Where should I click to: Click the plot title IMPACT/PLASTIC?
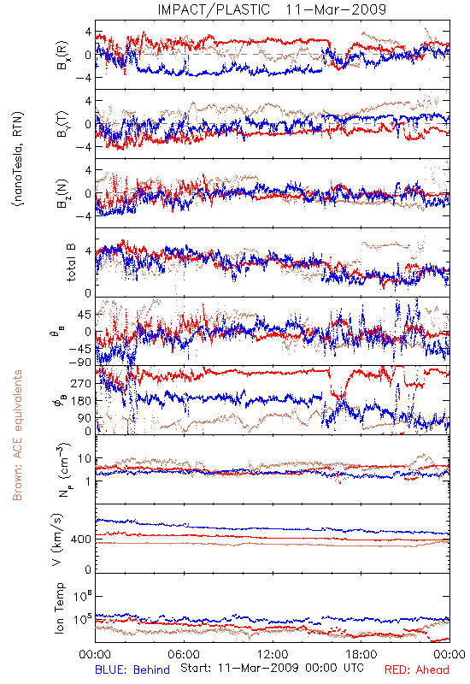click(214, 9)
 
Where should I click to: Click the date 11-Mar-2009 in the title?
click(336, 9)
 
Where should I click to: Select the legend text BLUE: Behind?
click(132, 669)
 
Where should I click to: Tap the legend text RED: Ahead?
click(416, 669)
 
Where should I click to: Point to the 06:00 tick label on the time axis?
click(184, 654)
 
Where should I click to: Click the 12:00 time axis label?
click(273, 654)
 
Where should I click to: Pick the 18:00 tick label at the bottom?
click(361, 654)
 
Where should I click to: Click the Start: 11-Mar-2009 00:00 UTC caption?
click(272, 668)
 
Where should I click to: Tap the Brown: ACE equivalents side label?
click(17, 435)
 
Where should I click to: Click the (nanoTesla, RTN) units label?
click(18, 158)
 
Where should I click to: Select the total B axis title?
click(71, 262)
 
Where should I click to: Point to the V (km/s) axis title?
click(57, 540)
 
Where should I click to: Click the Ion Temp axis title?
click(59, 608)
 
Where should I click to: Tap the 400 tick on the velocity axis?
click(80, 540)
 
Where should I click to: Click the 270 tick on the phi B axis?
click(81, 383)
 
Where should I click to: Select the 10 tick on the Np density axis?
click(85, 459)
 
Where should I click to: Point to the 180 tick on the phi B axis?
click(81, 401)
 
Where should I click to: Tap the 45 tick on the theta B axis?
click(85, 315)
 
